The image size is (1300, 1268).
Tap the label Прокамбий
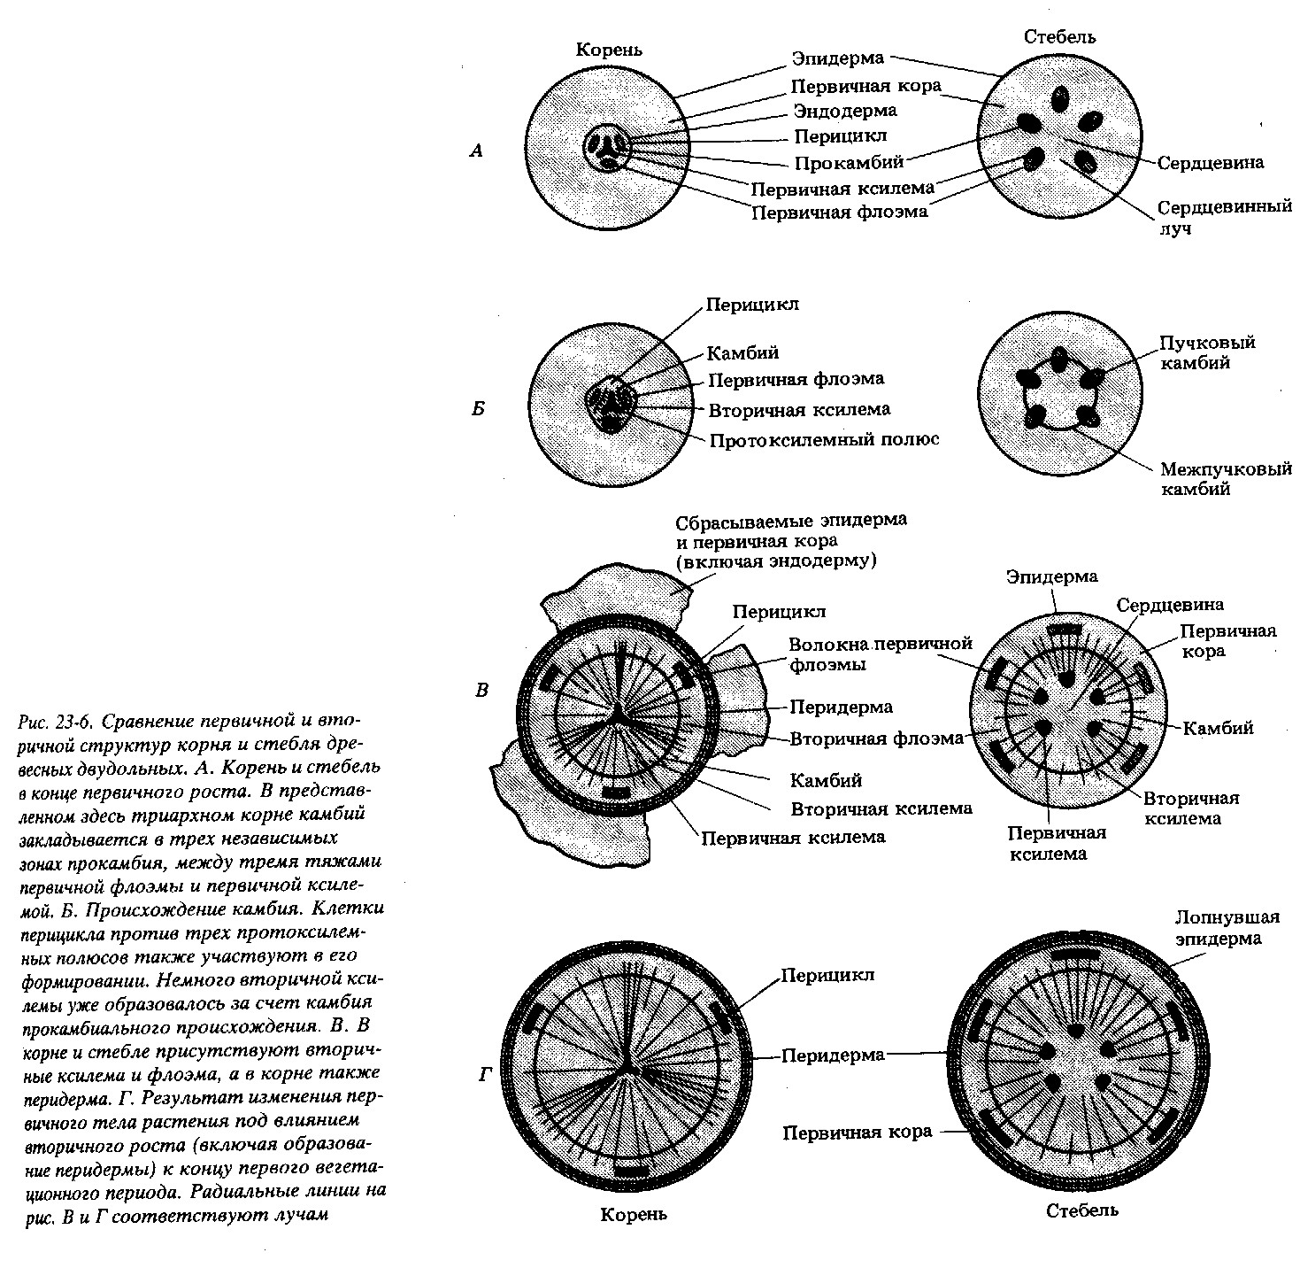(x=848, y=163)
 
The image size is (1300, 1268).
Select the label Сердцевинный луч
(x=1224, y=218)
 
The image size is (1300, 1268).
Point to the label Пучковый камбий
(x=1207, y=352)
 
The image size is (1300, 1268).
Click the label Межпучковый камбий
(x=1225, y=478)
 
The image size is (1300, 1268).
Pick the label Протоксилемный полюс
(x=824, y=439)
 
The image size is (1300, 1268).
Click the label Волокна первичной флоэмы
(x=880, y=653)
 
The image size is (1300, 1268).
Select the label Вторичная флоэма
(x=876, y=738)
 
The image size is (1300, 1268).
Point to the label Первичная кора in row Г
(x=857, y=1132)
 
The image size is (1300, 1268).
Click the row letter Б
(x=478, y=410)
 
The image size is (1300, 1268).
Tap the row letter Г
(x=484, y=1076)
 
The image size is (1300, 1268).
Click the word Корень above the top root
(x=609, y=50)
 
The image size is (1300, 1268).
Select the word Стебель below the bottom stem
(x=1081, y=1210)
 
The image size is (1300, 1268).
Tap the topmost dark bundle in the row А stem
(x=1059, y=97)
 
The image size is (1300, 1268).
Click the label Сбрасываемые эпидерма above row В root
(x=790, y=520)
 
